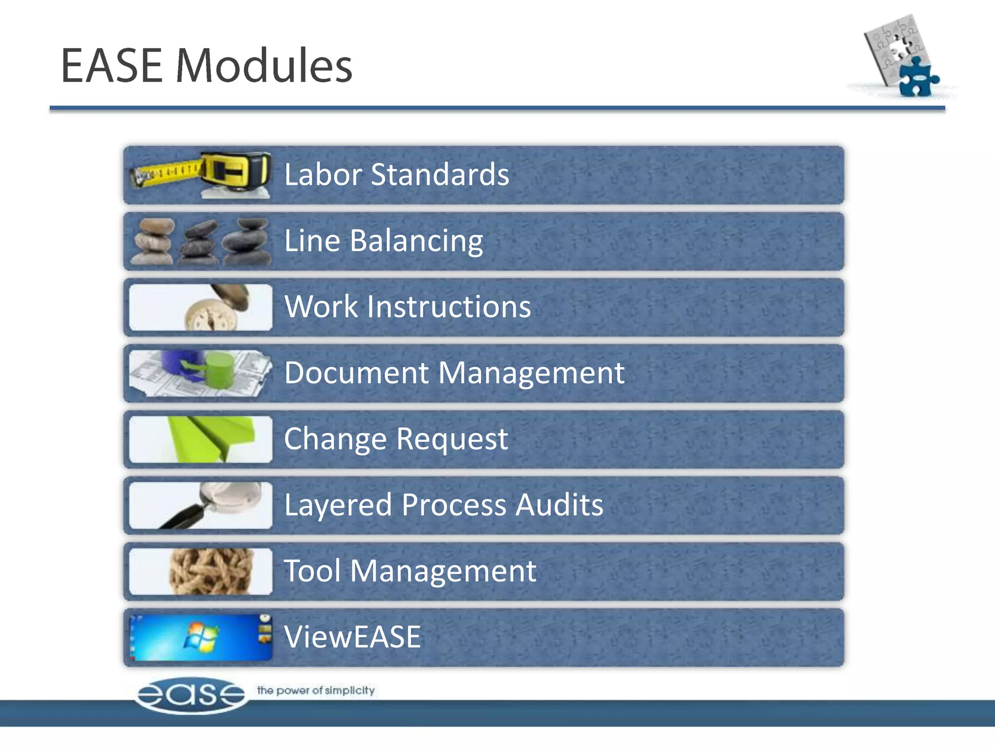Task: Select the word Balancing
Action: click(416, 241)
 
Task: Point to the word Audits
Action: click(559, 505)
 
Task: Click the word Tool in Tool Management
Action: click(312, 571)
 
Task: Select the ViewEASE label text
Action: click(352, 637)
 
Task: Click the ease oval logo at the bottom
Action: click(190, 695)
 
